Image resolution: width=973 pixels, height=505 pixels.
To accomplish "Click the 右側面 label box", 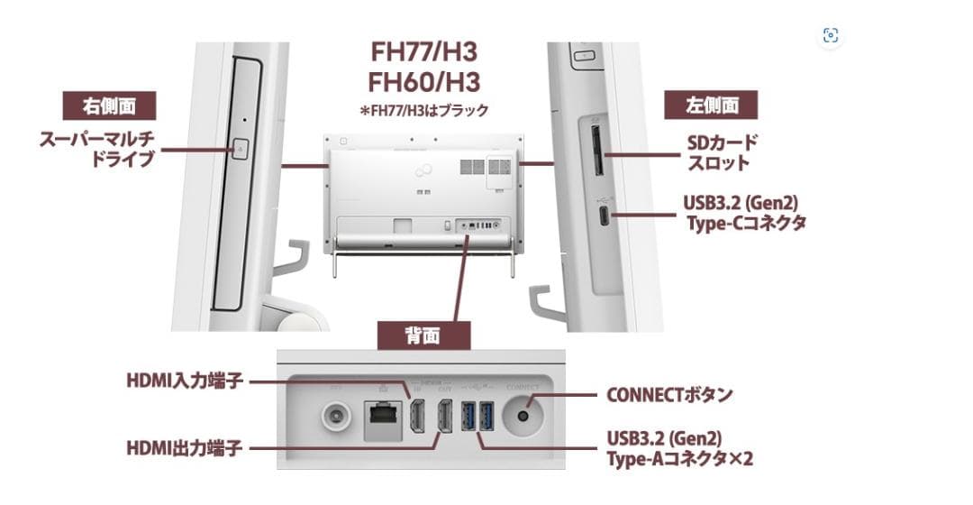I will [109, 106].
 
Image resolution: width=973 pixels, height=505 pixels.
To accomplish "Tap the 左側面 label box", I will [711, 106].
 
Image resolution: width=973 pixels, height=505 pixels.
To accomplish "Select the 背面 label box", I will [423, 336].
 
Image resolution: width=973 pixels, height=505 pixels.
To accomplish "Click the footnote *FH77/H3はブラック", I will [423, 111].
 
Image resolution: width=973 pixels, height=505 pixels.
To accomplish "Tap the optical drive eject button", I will [239, 149].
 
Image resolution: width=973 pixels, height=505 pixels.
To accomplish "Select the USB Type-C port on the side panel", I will [603, 216].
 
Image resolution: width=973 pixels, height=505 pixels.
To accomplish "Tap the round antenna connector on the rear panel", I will [337, 418].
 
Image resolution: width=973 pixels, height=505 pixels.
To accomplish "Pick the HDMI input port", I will [418, 415].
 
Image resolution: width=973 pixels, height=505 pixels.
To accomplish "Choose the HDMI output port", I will [444, 415].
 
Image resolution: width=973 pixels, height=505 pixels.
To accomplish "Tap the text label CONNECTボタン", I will [669, 394].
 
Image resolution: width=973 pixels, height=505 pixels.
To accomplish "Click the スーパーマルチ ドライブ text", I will [96, 150].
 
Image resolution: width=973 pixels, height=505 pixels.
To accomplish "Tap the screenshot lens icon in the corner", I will [831, 35].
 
